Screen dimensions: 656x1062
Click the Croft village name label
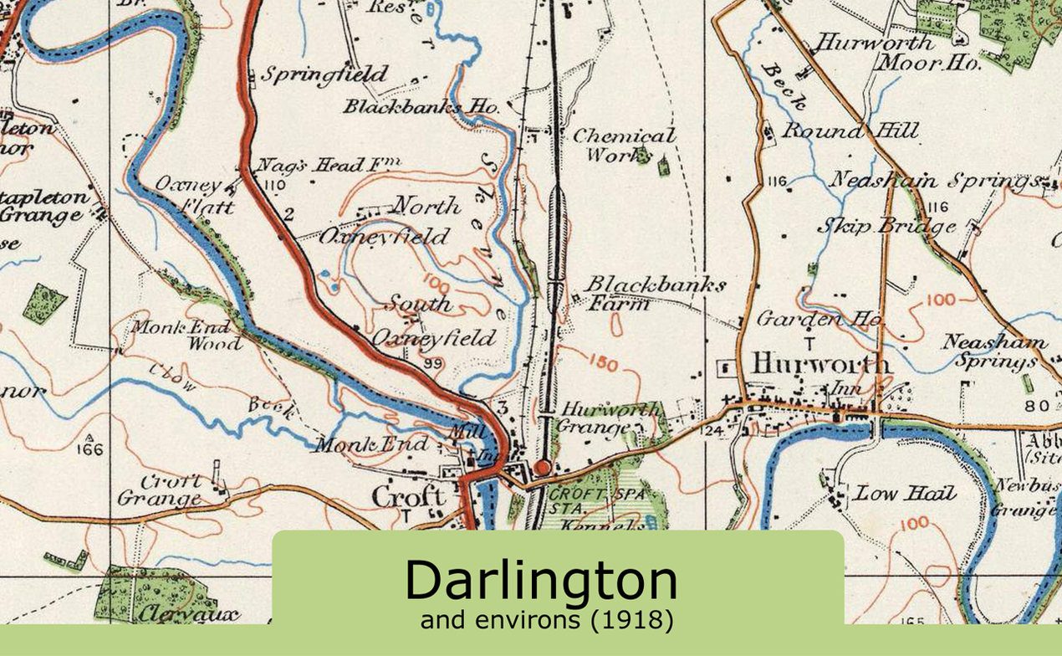click(407, 498)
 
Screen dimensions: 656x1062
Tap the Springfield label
click(324, 74)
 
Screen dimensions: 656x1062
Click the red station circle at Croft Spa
click(542, 468)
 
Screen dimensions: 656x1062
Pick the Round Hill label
click(849, 131)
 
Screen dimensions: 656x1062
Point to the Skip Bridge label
click(886, 226)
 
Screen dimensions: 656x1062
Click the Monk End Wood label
click(186, 335)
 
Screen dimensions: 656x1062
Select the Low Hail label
click(904, 494)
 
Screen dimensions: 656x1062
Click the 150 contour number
click(602, 364)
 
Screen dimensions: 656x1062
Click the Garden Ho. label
click(819, 319)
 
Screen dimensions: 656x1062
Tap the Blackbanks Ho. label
click(421, 107)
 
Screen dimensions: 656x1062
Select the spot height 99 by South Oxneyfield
click(432, 363)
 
